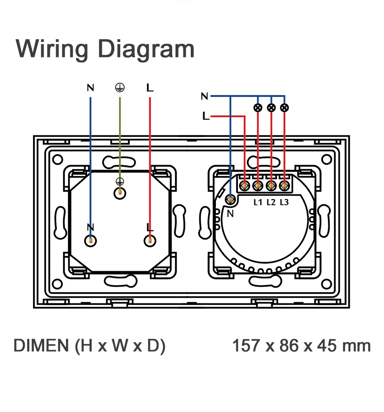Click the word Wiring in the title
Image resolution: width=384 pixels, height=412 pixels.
[52, 50]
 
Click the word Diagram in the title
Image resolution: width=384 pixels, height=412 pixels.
[146, 50]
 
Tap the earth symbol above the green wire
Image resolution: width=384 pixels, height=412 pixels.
[120, 88]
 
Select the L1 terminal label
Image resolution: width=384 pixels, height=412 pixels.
[258, 202]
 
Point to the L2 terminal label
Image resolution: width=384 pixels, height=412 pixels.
[271, 202]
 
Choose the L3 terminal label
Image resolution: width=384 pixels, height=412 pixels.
[284, 202]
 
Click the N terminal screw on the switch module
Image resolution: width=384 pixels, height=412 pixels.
[230, 200]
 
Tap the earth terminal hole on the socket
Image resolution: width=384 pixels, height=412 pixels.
[120, 193]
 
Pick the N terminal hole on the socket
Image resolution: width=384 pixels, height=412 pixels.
[90, 241]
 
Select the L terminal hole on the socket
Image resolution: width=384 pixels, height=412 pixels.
[150, 241]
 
